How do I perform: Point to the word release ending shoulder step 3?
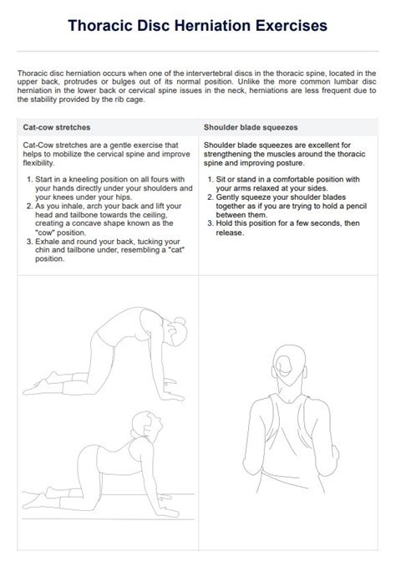click(230, 232)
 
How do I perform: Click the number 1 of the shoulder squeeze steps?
click(208, 180)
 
